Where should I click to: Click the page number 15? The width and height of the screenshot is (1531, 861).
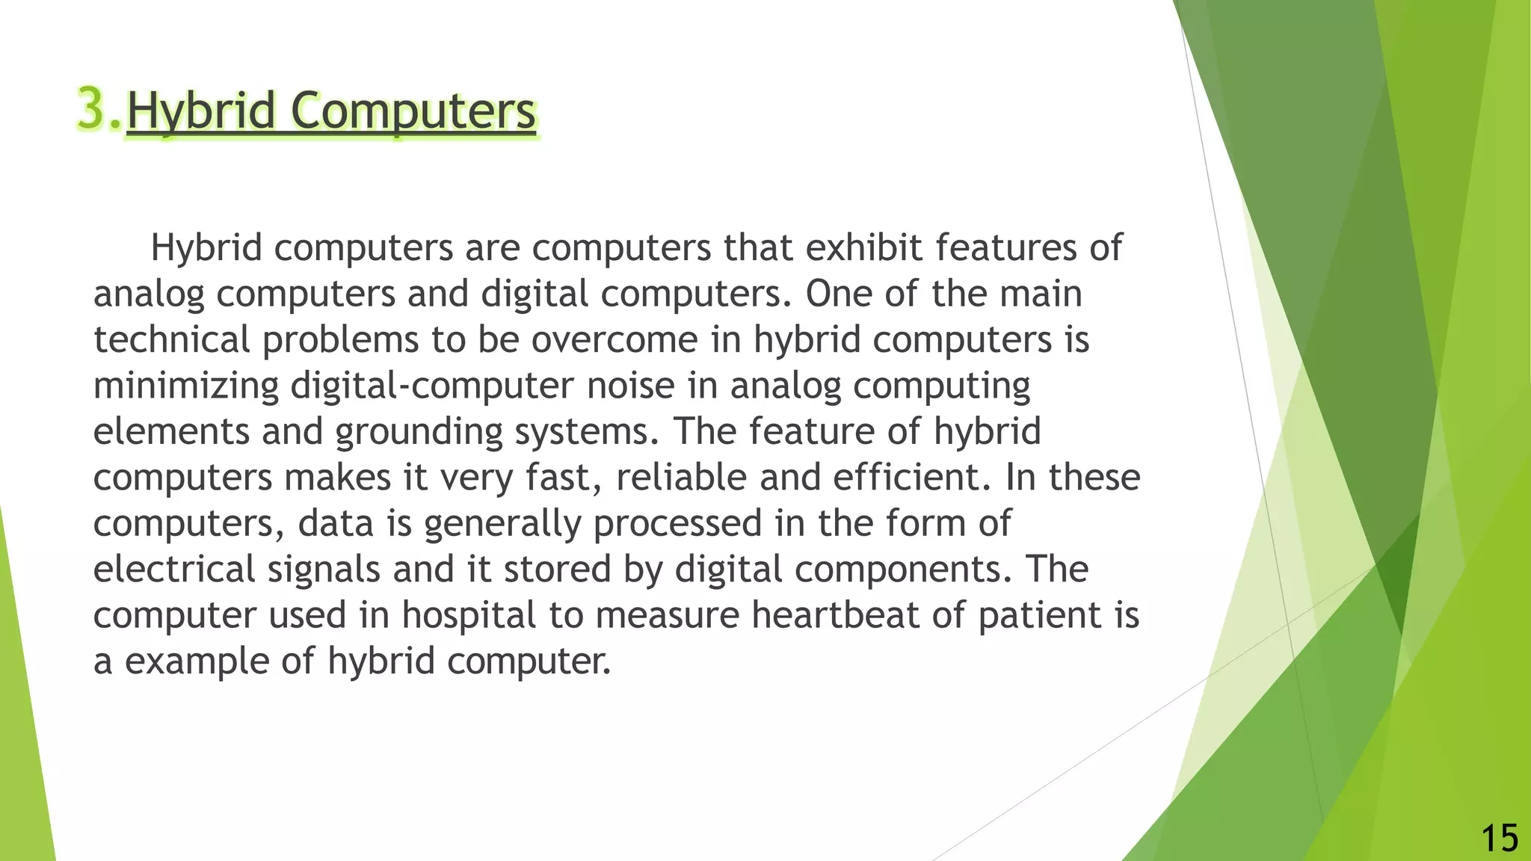pyautogui.click(x=1499, y=838)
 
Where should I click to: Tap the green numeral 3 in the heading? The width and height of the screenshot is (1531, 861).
pyautogui.click(x=91, y=109)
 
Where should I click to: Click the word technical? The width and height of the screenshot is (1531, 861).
pyautogui.click(x=171, y=339)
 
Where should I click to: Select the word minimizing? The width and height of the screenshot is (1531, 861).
pyautogui.click(x=185, y=386)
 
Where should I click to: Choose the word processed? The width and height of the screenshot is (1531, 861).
pyautogui.click(x=677, y=523)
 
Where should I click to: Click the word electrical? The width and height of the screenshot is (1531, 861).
pyautogui.click(x=174, y=570)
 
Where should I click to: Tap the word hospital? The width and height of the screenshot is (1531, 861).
pyautogui.click(x=469, y=615)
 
